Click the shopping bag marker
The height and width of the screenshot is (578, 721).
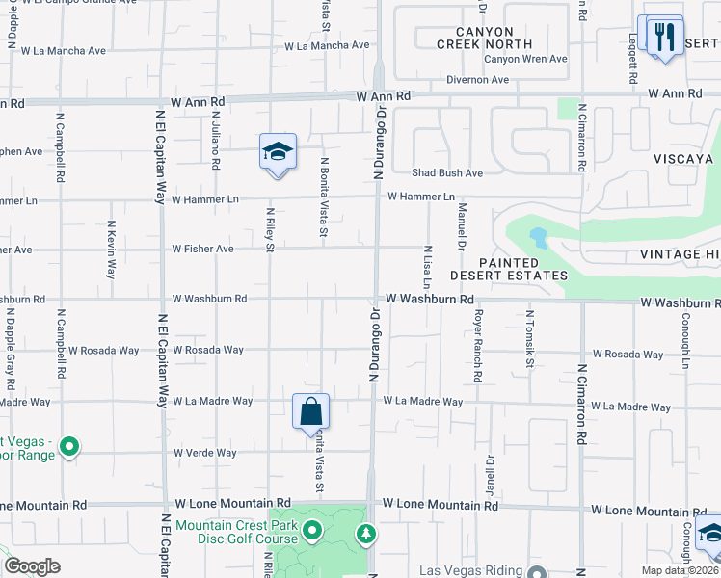311,411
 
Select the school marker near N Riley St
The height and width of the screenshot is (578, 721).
277,152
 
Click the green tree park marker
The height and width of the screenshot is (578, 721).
365,533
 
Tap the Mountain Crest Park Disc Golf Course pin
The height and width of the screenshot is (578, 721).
312,531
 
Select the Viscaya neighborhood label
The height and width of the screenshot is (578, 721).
681,159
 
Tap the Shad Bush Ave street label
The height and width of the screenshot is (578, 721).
447,173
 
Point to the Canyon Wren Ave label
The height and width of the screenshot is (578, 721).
525,59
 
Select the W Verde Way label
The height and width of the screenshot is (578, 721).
204,453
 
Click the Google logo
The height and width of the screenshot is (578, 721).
33,566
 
